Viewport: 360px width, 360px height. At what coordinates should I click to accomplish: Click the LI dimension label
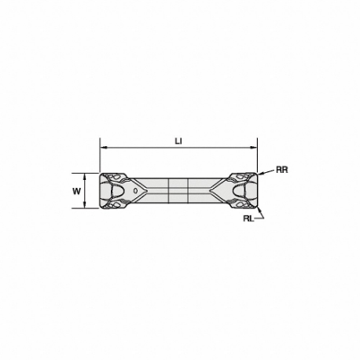tap(178, 141)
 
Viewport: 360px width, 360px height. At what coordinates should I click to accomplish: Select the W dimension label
tap(76, 192)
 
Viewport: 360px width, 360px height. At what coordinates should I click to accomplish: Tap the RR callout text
tap(282, 170)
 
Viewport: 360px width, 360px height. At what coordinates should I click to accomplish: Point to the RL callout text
tap(248, 219)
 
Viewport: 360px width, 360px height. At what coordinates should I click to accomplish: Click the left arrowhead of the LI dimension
tap(103, 148)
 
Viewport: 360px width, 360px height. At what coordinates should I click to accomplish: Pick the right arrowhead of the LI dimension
tap(254, 148)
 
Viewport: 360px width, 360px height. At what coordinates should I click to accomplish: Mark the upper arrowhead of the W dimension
tap(84, 176)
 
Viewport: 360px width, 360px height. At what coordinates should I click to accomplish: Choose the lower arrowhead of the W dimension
tap(84, 205)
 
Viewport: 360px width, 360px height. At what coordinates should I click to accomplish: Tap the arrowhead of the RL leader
tap(259, 209)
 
